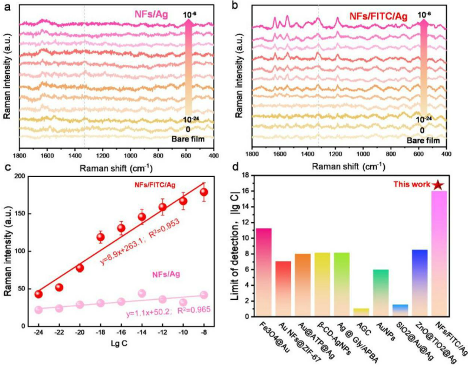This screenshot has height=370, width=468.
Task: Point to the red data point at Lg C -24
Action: point(38,294)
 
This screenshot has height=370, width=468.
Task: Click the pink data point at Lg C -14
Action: point(142,293)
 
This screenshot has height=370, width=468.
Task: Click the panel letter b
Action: point(235,6)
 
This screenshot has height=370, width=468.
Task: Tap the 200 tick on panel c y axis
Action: point(22,176)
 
